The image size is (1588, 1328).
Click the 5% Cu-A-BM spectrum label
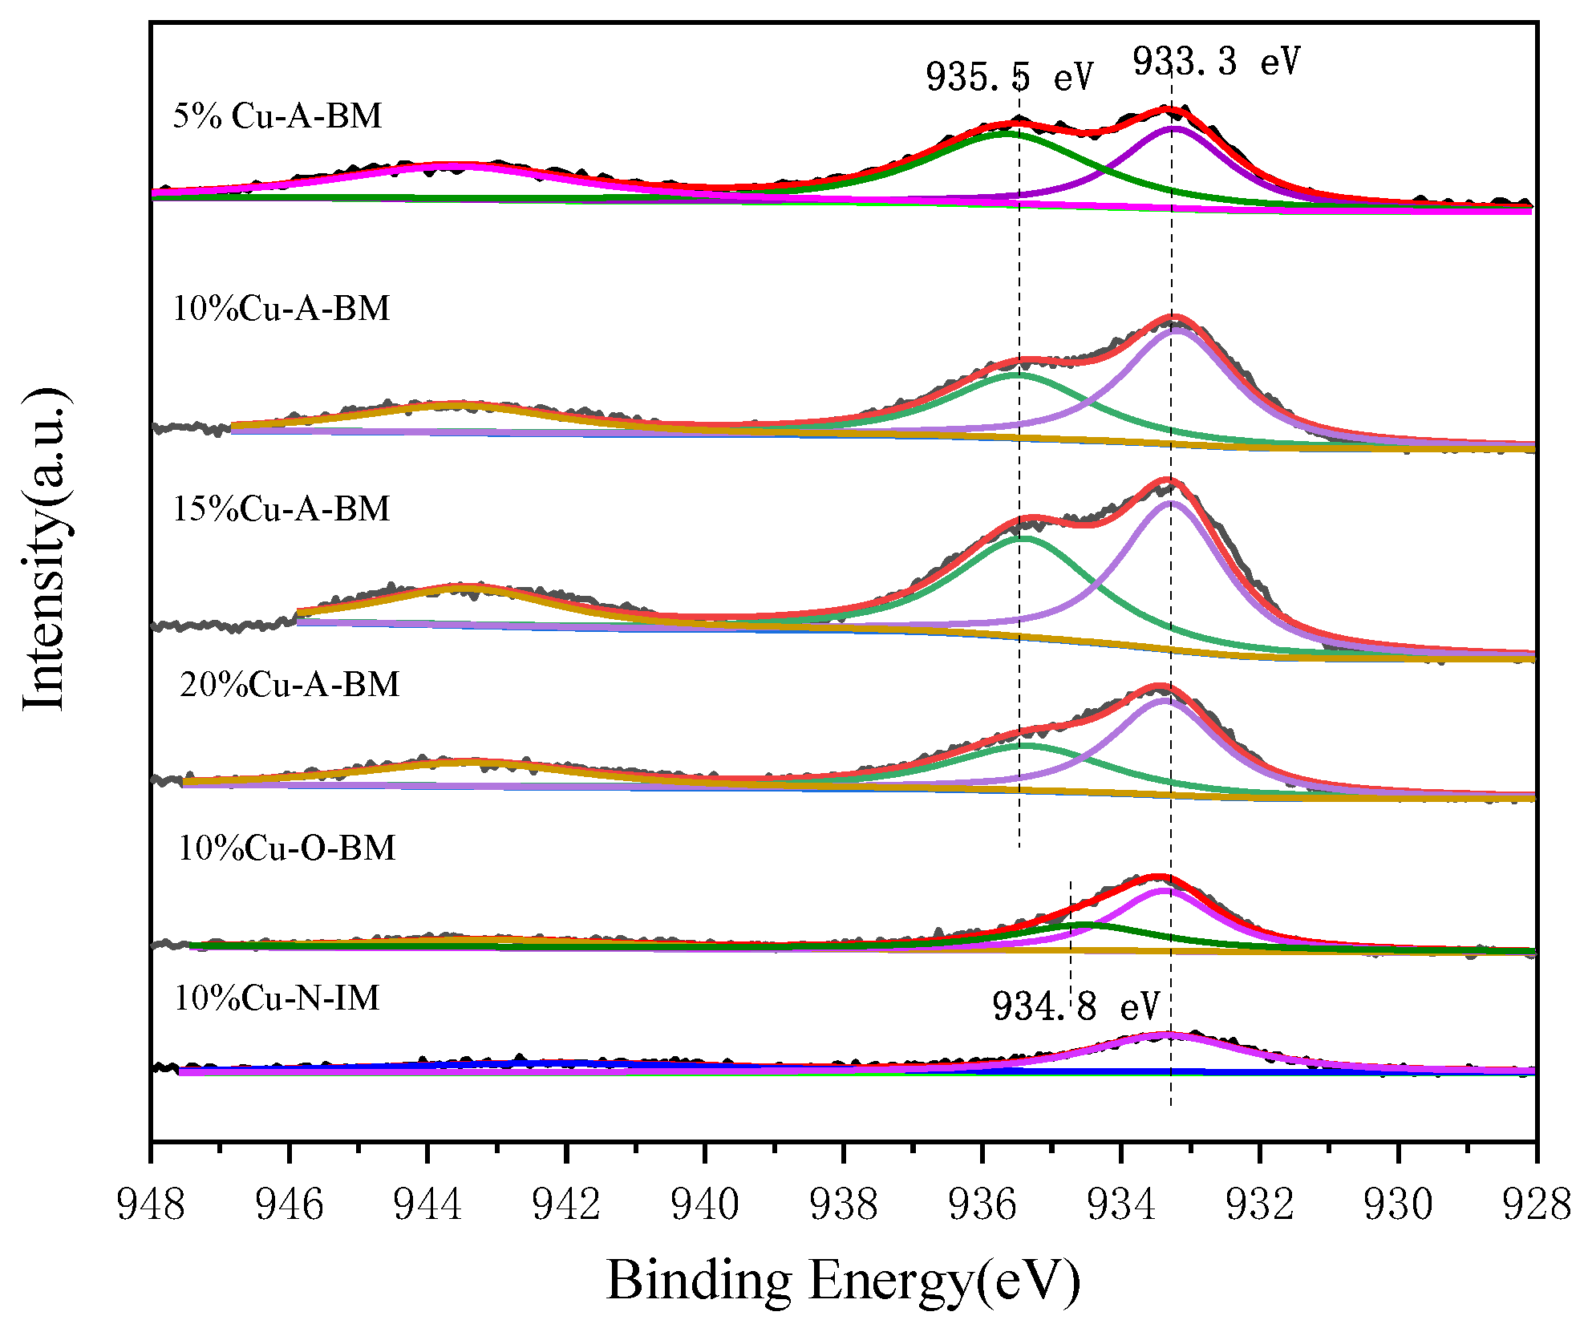click(277, 116)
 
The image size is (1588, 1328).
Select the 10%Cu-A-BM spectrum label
click(282, 309)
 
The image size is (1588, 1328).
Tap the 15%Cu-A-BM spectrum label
click(282, 509)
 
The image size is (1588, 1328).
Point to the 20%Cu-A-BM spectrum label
click(290, 685)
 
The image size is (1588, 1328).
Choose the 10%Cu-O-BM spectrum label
click(286, 848)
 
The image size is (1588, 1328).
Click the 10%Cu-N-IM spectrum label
click(277, 998)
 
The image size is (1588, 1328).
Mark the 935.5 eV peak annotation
click(1009, 78)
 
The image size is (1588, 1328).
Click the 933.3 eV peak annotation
click(1215, 62)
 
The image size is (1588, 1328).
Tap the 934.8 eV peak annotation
click(1076, 1006)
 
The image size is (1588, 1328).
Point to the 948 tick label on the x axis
click(151, 1205)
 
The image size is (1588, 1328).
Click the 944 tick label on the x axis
click(427, 1205)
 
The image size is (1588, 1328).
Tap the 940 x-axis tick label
click(705, 1205)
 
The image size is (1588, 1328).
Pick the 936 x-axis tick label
click(982, 1205)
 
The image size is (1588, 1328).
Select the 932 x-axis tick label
click(1259, 1205)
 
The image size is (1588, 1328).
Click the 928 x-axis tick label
click(1536, 1205)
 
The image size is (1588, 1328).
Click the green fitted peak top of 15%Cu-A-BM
click(1023, 538)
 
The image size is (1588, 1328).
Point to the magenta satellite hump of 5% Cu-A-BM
click(453, 167)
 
